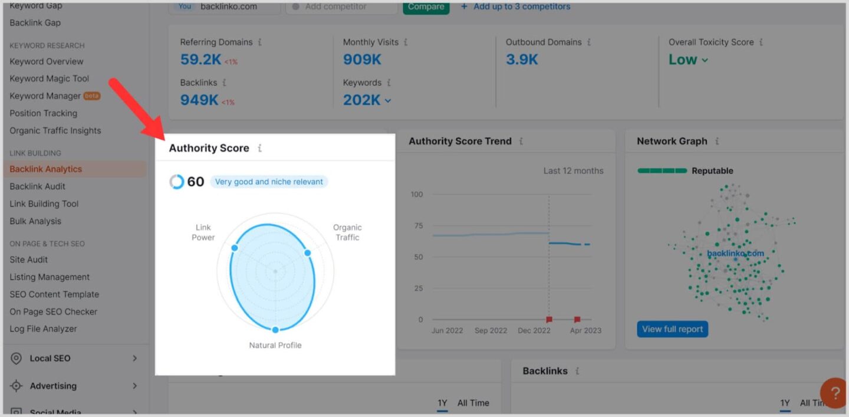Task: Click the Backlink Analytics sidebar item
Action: [x=46, y=169]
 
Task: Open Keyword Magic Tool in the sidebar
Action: [x=50, y=78]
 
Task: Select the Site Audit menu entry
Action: [x=29, y=260]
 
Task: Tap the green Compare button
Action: [x=426, y=7]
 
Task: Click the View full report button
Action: [x=672, y=329]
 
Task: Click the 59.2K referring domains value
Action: [x=200, y=60]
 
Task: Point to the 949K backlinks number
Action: [x=199, y=100]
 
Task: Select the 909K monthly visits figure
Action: [x=362, y=60]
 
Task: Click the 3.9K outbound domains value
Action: [x=522, y=60]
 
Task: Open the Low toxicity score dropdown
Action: [x=688, y=60]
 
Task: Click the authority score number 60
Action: [x=195, y=182]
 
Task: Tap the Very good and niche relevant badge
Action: [x=269, y=182]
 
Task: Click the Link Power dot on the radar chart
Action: [x=234, y=248]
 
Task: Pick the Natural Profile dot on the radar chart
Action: [x=275, y=329]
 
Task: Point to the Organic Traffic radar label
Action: [x=347, y=232]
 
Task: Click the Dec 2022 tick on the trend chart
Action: [x=534, y=330]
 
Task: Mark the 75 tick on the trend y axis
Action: [x=418, y=225]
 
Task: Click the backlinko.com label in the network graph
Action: [x=735, y=254]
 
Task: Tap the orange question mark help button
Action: [x=835, y=393]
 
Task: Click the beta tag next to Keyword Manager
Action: [x=92, y=96]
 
